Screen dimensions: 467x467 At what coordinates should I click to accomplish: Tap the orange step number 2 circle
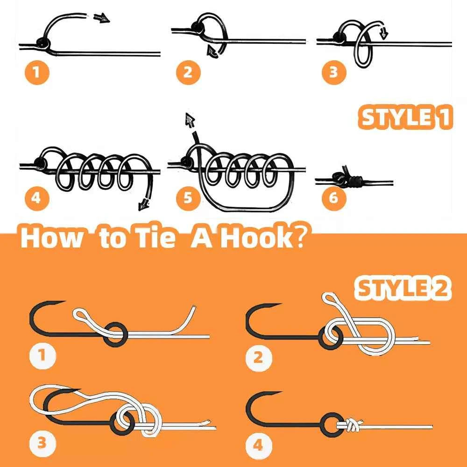tap(188, 73)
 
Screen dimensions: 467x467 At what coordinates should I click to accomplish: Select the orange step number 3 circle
tap(333, 73)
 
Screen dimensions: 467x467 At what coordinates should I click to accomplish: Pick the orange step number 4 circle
tap(35, 198)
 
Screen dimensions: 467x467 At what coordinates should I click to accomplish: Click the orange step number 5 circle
tap(188, 198)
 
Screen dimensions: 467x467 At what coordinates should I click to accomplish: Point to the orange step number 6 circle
tap(333, 198)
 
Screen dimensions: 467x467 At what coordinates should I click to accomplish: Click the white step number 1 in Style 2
tap(42, 356)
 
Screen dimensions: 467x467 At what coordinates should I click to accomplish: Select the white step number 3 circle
tap(42, 443)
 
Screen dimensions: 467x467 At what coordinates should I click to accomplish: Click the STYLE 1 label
tap(405, 118)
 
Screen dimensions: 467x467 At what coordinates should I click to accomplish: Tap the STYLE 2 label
tap(403, 288)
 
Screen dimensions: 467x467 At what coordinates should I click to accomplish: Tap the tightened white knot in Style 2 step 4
tap(353, 425)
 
